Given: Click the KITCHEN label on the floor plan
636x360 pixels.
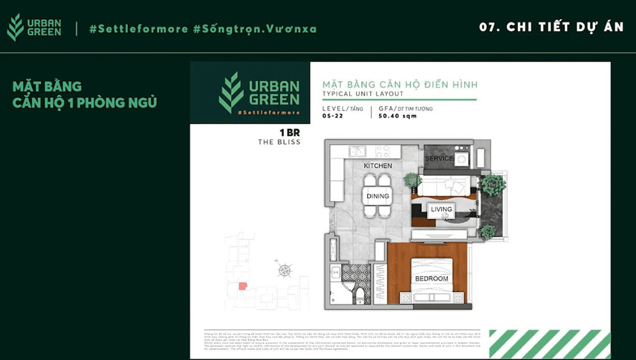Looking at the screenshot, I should [378, 166].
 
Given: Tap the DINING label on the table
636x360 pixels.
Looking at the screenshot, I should [377, 196].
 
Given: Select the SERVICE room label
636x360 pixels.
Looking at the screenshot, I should [438, 159].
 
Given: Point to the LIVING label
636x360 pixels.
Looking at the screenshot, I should [442, 209].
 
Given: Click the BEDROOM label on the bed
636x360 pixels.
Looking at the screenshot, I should [432, 279].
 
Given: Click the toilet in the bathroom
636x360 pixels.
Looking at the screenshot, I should [359, 294].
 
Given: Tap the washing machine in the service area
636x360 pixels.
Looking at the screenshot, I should [461, 159].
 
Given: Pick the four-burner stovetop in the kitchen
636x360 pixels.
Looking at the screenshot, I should [383, 151].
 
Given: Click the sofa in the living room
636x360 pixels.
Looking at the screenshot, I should [443, 186].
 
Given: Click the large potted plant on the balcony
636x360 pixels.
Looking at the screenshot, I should [494, 184].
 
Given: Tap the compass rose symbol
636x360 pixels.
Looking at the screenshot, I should [284, 270].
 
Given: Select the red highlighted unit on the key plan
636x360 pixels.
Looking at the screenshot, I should [243, 286].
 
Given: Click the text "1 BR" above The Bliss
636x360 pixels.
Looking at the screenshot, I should [289, 132].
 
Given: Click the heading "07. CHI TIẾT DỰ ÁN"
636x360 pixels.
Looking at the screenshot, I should [551, 27].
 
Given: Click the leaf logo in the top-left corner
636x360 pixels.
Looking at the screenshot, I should [16, 27].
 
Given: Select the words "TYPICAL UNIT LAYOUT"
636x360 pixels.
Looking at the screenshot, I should [363, 94].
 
